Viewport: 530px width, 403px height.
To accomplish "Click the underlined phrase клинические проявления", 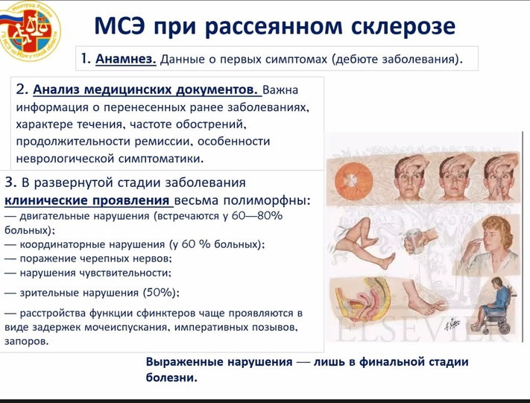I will (89, 200).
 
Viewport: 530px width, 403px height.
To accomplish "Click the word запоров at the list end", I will (26, 341).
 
